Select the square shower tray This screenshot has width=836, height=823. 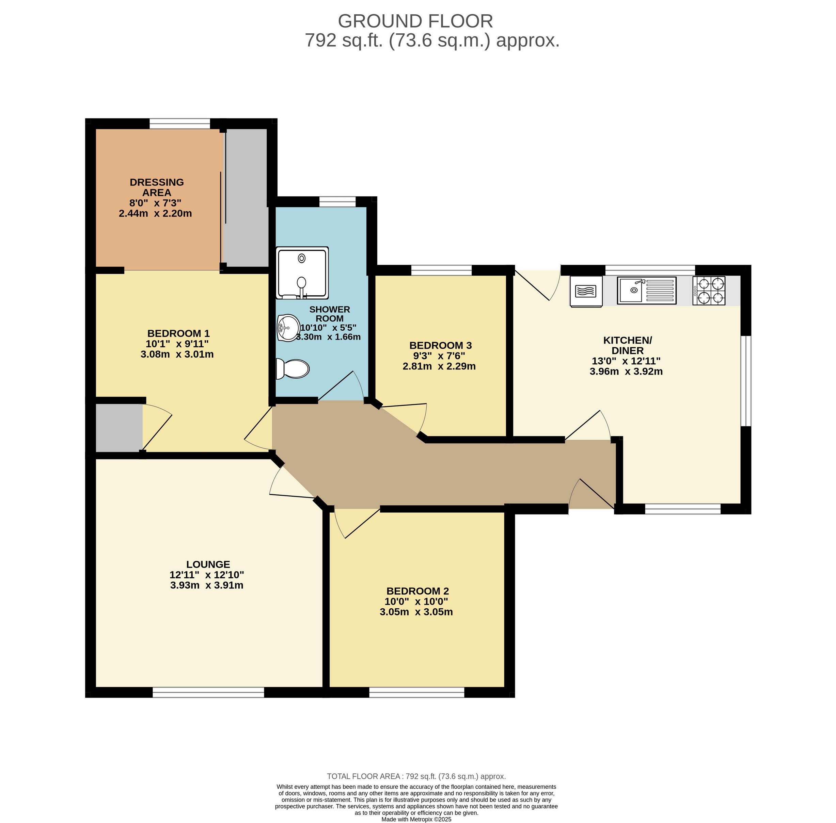click(302, 273)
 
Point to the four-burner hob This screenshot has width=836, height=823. click(709, 291)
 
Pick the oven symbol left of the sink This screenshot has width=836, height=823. click(586, 291)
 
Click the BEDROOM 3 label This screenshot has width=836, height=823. click(441, 345)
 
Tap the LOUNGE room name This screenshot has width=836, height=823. click(208, 564)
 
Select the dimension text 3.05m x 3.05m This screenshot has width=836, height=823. click(416, 612)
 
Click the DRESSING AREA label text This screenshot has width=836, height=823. click(157, 187)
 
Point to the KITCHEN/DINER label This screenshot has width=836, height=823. click(628, 345)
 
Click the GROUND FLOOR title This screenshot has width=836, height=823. click(415, 21)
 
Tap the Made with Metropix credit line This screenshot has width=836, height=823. click(416, 819)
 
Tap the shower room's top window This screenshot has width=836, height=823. click(337, 201)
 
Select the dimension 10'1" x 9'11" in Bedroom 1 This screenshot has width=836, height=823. click(177, 344)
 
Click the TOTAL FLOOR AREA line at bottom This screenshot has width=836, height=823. click(416, 776)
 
